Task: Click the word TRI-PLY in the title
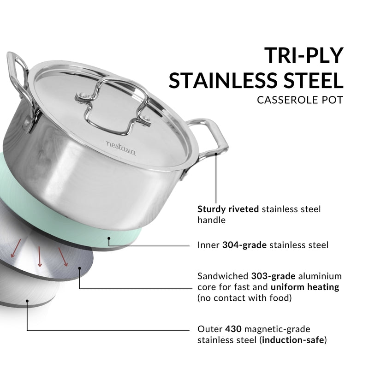click(x=304, y=56)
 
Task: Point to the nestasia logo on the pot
click(x=121, y=148)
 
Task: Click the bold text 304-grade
click(x=244, y=245)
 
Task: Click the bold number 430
click(x=233, y=329)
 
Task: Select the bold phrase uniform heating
click(x=305, y=287)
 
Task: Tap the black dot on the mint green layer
click(x=109, y=239)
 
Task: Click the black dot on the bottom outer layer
click(x=27, y=301)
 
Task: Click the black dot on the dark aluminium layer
click(x=80, y=268)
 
